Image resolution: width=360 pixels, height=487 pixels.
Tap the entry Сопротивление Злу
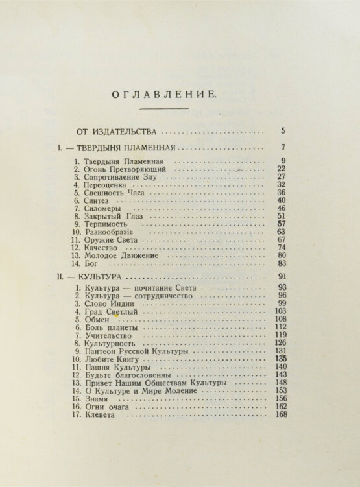(116, 177)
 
